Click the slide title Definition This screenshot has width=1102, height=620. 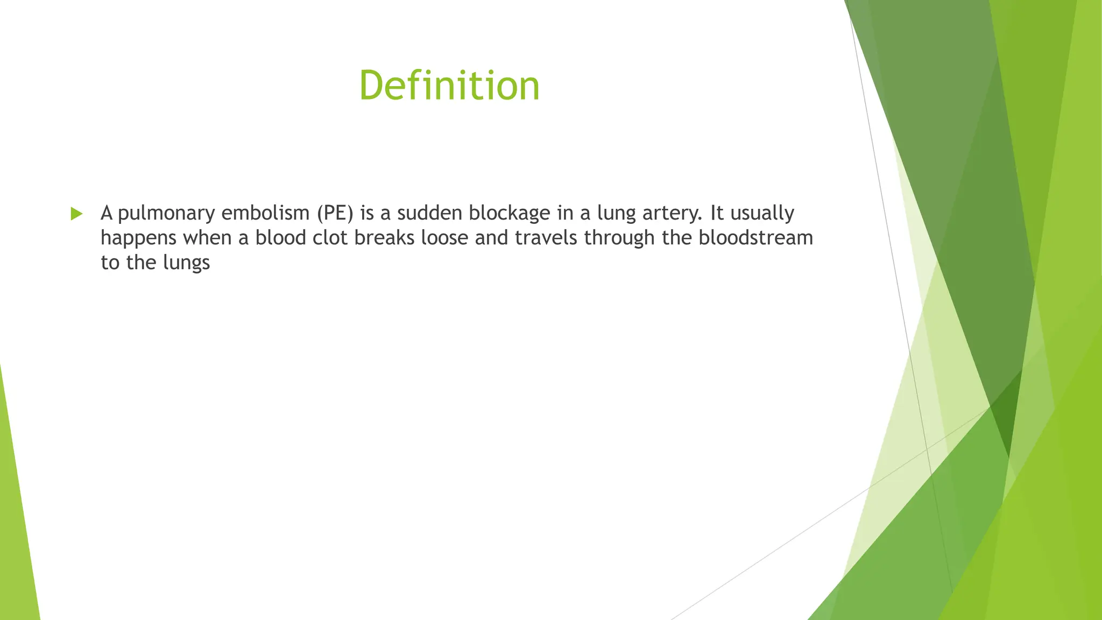[449, 86]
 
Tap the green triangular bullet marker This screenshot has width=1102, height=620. [76, 214]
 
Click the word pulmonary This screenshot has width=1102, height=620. [166, 214]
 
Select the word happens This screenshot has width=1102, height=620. [138, 238]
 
